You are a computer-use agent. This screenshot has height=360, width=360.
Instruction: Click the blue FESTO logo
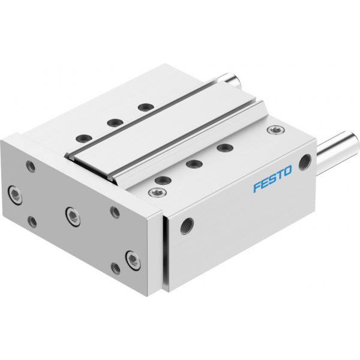272,178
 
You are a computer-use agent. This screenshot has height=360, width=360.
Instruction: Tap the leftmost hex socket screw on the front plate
16,195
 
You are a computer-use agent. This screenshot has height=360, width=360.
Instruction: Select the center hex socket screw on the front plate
73,217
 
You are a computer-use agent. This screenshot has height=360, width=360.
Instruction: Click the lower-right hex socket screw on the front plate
133,260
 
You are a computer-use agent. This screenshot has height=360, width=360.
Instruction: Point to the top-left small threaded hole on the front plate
31,166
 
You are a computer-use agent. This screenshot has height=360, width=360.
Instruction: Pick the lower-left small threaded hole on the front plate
32,222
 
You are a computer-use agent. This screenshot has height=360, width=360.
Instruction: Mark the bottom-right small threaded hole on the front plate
115,268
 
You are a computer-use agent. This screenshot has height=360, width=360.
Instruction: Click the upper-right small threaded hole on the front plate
115,212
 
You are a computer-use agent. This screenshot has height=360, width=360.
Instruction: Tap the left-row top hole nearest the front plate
84,139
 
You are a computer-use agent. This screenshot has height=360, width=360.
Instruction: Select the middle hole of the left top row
115,122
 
